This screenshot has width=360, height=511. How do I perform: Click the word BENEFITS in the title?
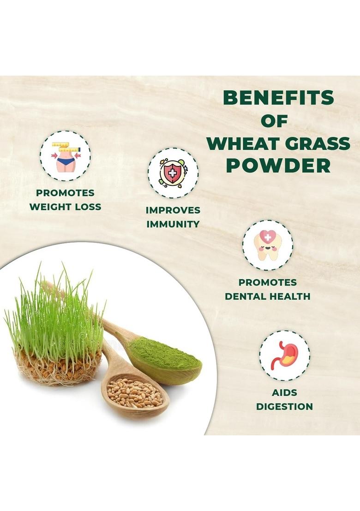(278, 98)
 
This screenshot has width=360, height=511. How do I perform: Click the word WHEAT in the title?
(241, 143)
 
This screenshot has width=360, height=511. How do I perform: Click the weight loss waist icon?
(65, 155)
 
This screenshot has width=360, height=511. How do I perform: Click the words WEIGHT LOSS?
(65, 207)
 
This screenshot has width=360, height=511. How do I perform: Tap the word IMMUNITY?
(173, 225)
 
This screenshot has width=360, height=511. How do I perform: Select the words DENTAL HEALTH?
(267, 297)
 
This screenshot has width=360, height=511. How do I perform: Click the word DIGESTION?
(284, 407)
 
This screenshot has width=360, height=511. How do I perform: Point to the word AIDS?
(284, 393)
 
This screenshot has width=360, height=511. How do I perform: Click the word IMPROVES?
(173, 210)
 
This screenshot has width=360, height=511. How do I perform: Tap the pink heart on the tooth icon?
(267, 237)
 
